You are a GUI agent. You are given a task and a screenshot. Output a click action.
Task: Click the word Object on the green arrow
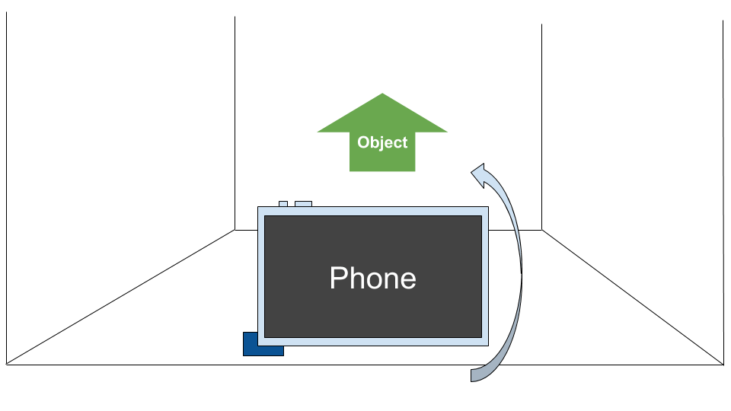pyautogui.click(x=382, y=142)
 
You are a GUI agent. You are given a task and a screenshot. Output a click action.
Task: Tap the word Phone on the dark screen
pyautogui.click(x=372, y=278)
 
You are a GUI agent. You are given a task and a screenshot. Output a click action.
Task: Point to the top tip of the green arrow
pyautogui.click(x=382, y=94)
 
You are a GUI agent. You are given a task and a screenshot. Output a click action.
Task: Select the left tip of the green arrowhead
pyautogui.click(x=318, y=132)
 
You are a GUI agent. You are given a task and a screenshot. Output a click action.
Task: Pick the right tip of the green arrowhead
pyautogui.click(x=447, y=132)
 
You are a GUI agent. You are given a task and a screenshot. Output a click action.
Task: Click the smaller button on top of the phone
pyautogui.click(x=283, y=204)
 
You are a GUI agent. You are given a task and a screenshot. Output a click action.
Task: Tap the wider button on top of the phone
pyautogui.click(x=303, y=204)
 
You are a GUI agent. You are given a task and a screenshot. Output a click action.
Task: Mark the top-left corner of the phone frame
pyautogui.click(x=259, y=208)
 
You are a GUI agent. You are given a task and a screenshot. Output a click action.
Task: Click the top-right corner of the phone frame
pyautogui.click(x=487, y=208)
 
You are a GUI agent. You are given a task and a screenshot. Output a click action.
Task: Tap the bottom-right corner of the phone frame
pyautogui.click(x=487, y=342)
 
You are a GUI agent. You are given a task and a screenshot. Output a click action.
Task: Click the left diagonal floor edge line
pyautogui.click(x=122, y=297)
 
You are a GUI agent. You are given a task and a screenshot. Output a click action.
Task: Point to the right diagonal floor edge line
pyautogui.click(x=632, y=297)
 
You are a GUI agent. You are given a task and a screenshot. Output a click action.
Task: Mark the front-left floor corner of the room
pyautogui.click(x=7, y=364)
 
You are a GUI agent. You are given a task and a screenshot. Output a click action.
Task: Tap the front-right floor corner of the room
pyautogui.click(x=723, y=364)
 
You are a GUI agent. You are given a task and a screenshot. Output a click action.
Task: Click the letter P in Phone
pyautogui.click(x=337, y=279)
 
